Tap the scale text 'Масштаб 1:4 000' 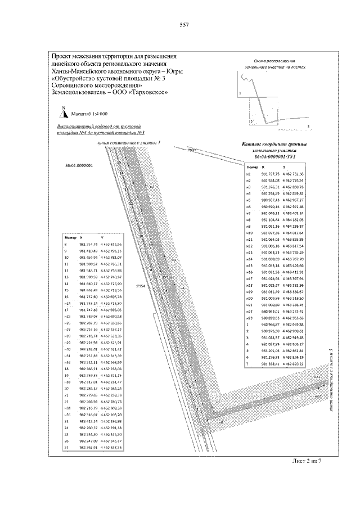[89, 113]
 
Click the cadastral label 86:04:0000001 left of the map [79, 166]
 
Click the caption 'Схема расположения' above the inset [277, 60]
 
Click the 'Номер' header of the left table [70, 238]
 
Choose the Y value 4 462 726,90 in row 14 [111, 283]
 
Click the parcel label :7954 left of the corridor [141, 286]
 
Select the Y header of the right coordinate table [284, 168]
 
